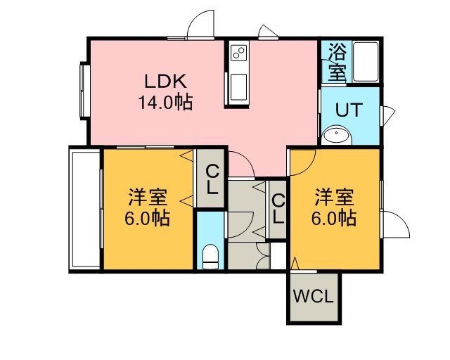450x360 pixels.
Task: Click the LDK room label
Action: click(x=166, y=82)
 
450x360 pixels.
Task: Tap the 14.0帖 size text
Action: click(x=166, y=102)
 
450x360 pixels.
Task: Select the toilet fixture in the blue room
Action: click(x=210, y=257)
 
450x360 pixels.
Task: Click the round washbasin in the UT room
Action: click(x=336, y=135)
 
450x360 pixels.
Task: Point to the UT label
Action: click(x=349, y=110)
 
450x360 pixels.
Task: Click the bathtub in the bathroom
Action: click(x=366, y=62)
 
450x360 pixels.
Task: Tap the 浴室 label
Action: click(x=337, y=62)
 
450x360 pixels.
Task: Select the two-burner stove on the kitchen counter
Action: click(x=239, y=53)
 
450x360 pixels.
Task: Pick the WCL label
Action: click(x=314, y=296)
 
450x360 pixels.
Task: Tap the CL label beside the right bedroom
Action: click(x=278, y=209)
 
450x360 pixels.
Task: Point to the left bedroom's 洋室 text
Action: click(x=148, y=197)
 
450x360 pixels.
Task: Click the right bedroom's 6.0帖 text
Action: click(x=334, y=218)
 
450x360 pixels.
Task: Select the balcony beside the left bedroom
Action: click(x=85, y=210)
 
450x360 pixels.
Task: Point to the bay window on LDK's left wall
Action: click(x=85, y=91)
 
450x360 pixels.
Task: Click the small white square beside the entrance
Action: click(x=278, y=256)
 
